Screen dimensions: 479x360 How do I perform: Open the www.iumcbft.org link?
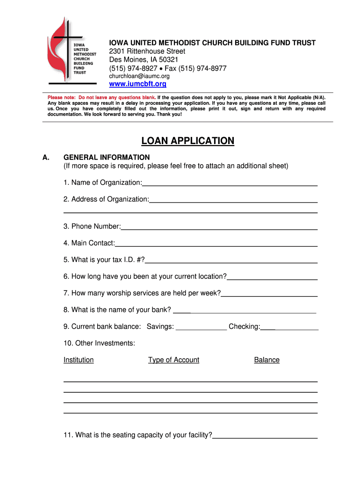(x=137, y=84)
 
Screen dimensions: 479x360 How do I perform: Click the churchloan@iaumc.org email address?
(x=139, y=76)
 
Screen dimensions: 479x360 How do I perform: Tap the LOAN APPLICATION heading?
(x=187, y=141)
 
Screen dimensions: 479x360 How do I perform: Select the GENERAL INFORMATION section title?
(x=107, y=157)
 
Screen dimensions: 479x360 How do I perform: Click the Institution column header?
(x=79, y=360)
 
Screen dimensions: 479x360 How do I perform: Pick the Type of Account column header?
(x=173, y=360)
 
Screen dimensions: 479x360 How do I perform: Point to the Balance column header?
(x=266, y=360)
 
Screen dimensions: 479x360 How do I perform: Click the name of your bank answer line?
(x=245, y=311)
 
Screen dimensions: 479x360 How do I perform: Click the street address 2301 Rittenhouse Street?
(x=147, y=51)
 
